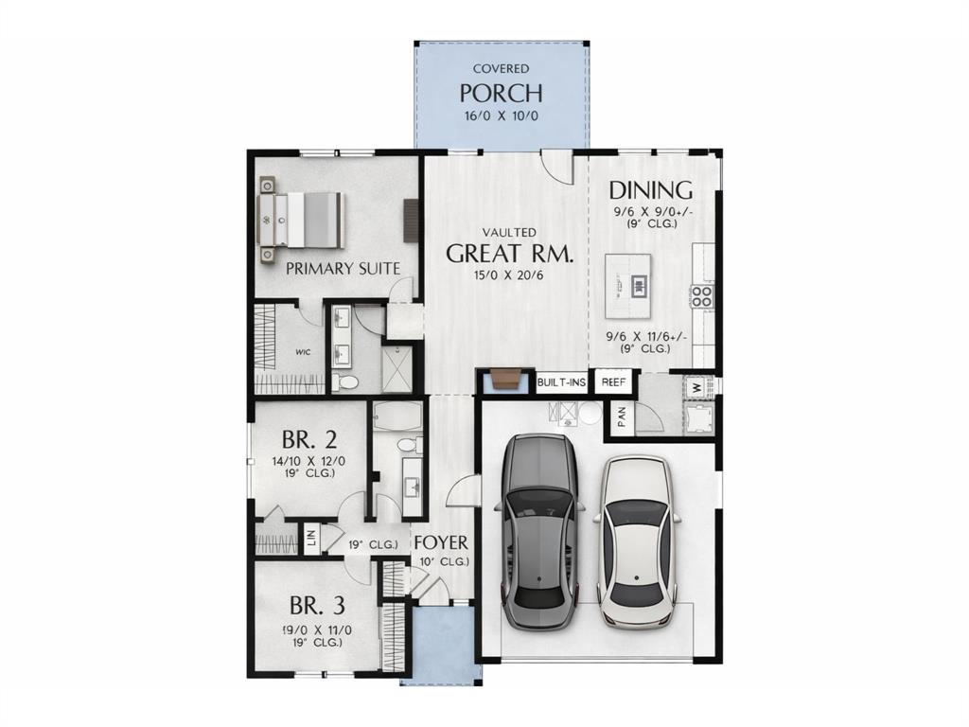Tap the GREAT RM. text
[x=509, y=254]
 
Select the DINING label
[x=650, y=189]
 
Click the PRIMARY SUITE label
[x=343, y=269]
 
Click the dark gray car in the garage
[x=539, y=530]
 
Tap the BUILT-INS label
[x=562, y=382]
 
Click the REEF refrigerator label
[x=614, y=382]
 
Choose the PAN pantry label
[x=622, y=418]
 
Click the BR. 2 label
[x=309, y=440]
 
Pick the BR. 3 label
[x=317, y=606]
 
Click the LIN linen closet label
[x=310, y=539]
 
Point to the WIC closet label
[x=303, y=352]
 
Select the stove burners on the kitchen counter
[x=702, y=296]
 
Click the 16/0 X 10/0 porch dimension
[x=501, y=116]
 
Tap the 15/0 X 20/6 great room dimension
[x=509, y=275]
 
